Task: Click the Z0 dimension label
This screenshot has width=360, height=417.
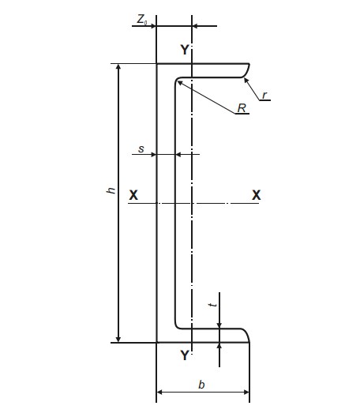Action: pyautogui.click(x=142, y=20)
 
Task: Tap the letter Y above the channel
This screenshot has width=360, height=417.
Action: pyautogui.click(x=185, y=50)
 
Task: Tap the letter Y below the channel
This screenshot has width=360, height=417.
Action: pyautogui.click(x=185, y=355)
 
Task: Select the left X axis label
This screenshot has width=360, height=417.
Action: pyautogui.click(x=133, y=195)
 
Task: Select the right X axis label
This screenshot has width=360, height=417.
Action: pyautogui.click(x=257, y=195)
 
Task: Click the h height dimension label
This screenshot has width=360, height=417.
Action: pyautogui.click(x=111, y=190)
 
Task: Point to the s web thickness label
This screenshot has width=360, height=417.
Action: pyautogui.click(x=141, y=149)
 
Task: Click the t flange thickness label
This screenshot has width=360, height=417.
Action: pyautogui.click(x=213, y=305)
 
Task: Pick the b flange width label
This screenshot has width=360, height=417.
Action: pyautogui.click(x=201, y=385)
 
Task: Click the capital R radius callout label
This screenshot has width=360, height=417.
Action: pyautogui.click(x=242, y=108)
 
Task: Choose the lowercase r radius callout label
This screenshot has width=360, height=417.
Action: pyautogui.click(x=264, y=95)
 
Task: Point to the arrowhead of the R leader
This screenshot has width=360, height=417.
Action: pyautogui.click(x=178, y=82)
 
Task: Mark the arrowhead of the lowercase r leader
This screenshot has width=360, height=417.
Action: pyautogui.click(x=246, y=79)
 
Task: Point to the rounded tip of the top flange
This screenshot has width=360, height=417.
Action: pyautogui.click(x=248, y=69)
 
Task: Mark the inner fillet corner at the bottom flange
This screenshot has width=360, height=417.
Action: pyautogui.click(x=177, y=326)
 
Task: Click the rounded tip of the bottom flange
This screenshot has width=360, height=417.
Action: pyautogui.click(x=247, y=335)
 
